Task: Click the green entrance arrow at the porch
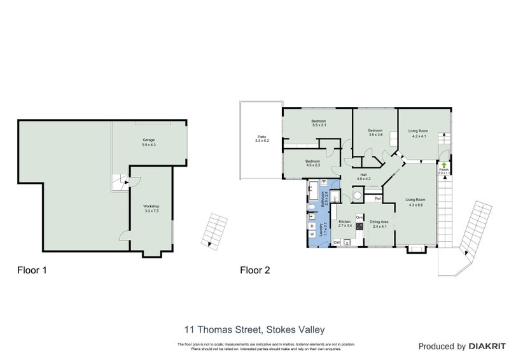pos(443,165)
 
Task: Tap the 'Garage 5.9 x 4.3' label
pos(148,142)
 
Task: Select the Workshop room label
pos(151,208)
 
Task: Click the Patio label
pos(261,138)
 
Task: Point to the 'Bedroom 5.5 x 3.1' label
pos(318,123)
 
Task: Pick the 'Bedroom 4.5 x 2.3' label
pos(312,163)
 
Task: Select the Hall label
pos(363,177)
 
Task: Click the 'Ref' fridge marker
pos(377,199)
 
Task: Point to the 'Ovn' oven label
pos(359,217)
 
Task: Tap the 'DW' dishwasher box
pos(337,242)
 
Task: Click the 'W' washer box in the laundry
pos(312,235)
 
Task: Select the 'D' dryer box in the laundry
pos(312,225)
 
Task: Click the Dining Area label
pos(379,224)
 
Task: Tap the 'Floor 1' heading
pos(31,270)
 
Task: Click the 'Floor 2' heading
pos(254,270)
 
